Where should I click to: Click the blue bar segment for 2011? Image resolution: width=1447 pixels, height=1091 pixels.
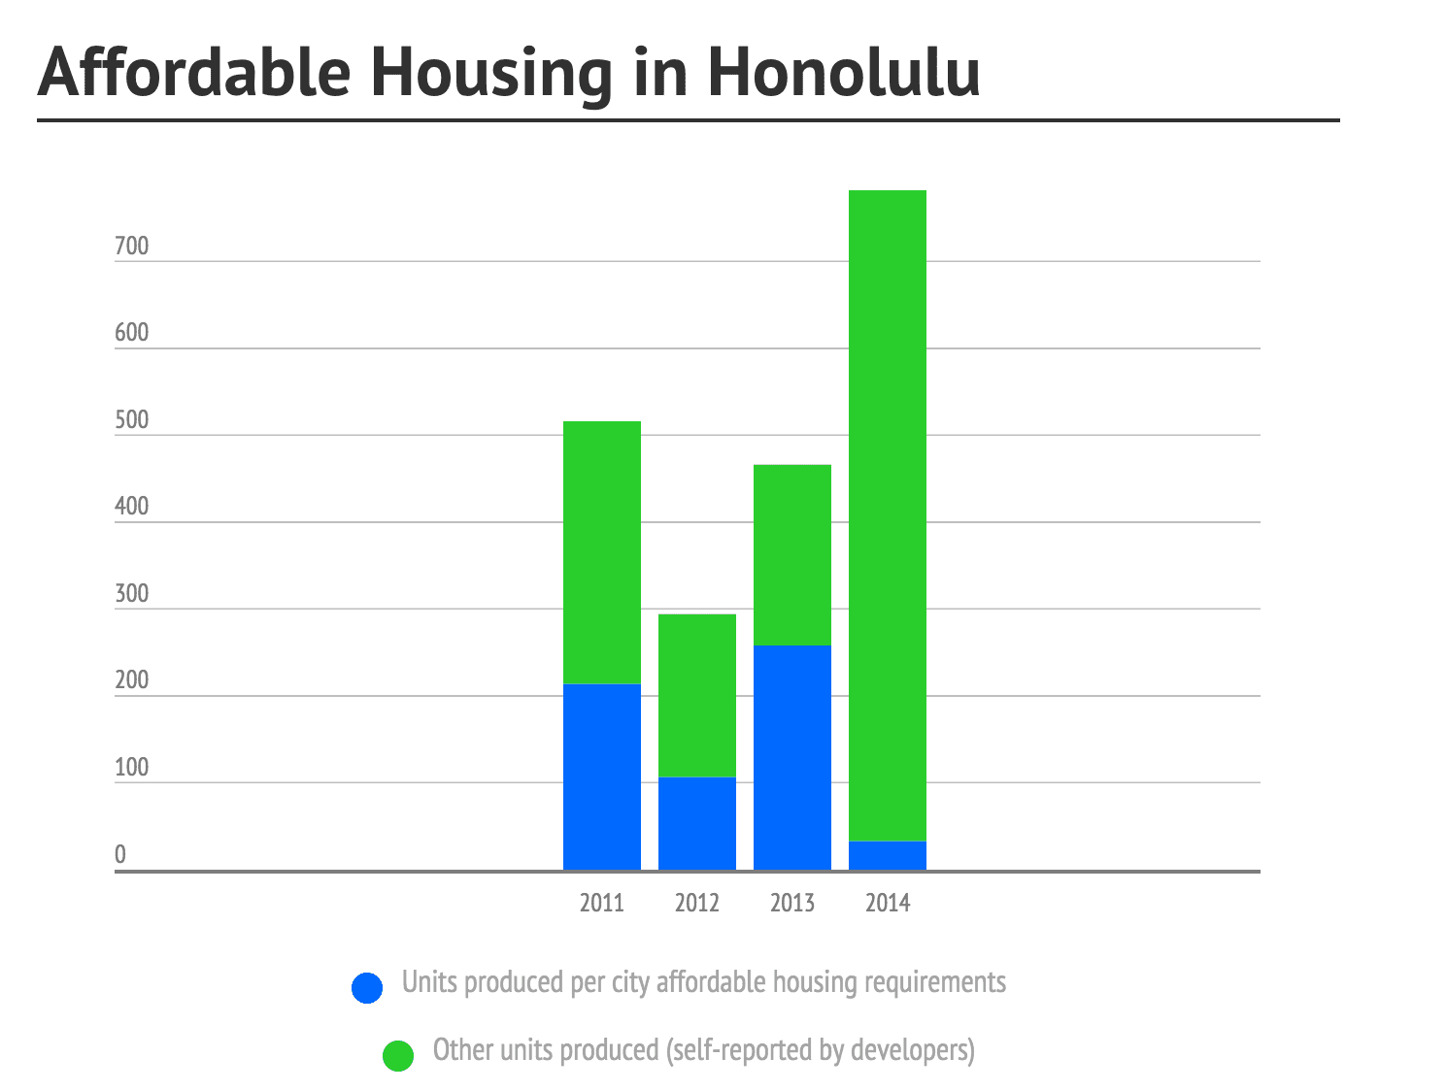click(601, 777)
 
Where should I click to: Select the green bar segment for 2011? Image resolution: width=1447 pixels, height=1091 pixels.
click(601, 552)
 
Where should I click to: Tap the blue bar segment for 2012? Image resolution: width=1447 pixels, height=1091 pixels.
click(697, 823)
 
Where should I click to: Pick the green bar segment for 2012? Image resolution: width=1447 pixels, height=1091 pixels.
click(697, 696)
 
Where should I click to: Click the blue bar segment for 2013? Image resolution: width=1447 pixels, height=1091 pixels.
click(791, 757)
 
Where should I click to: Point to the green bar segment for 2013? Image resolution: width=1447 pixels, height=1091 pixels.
click(791, 555)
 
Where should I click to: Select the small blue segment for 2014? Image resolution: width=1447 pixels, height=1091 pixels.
click(888, 855)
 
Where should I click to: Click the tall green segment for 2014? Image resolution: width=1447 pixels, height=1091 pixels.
click(888, 515)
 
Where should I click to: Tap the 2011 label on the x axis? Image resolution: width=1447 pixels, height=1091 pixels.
click(601, 903)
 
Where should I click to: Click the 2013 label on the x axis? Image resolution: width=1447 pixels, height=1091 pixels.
click(791, 903)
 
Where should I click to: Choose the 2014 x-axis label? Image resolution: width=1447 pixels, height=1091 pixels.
click(888, 903)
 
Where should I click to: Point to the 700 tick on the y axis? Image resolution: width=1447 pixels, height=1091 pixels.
click(132, 246)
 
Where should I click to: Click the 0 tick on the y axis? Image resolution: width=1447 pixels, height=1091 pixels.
click(120, 854)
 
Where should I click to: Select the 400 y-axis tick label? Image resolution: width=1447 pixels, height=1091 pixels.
click(132, 506)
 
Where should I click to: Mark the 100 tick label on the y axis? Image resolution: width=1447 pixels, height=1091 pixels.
click(132, 767)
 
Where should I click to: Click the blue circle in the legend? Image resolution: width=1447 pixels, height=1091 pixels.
click(367, 987)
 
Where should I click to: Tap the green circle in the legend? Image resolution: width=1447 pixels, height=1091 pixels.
click(398, 1055)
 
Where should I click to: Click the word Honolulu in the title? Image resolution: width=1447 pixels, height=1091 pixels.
click(843, 72)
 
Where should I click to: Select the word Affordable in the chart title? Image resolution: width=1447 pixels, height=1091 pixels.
click(194, 72)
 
